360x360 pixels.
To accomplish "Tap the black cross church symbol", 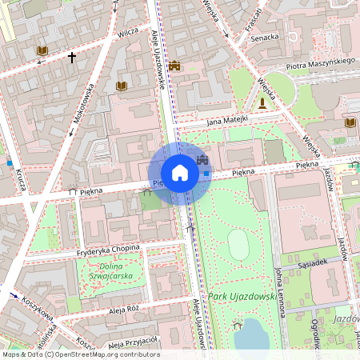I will [x=72, y=58].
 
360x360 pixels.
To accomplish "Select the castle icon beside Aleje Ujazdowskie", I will [x=174, y=66].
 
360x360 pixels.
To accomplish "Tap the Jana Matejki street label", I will [x=227, y=121].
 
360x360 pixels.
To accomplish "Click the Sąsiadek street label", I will [x=313, y=262].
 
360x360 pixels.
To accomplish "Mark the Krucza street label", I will [x=19, y=180].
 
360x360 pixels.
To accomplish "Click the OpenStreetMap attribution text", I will [x=80, y=354].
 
